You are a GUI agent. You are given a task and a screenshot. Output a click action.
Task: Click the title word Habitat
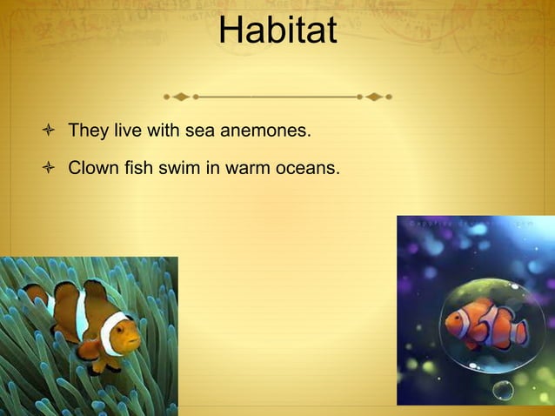click(x=277, y=32)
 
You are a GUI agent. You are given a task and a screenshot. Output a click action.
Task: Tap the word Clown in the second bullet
click(x=91, y=166)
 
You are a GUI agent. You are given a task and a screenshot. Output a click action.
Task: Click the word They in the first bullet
click(x=87, y=131)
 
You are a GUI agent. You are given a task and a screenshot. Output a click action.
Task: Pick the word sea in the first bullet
click(x=200, y=131)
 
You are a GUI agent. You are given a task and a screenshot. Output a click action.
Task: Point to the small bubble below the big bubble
click(x=504, y=388)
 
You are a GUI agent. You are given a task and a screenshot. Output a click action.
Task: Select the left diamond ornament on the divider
click(x=180, y=97)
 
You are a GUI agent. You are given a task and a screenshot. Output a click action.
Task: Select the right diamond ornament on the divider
click(x=374, y=97)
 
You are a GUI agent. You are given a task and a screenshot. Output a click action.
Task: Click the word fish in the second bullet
click(x=134, y=166)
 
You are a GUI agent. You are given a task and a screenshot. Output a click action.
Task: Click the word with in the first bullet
click(x=168, y=131)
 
